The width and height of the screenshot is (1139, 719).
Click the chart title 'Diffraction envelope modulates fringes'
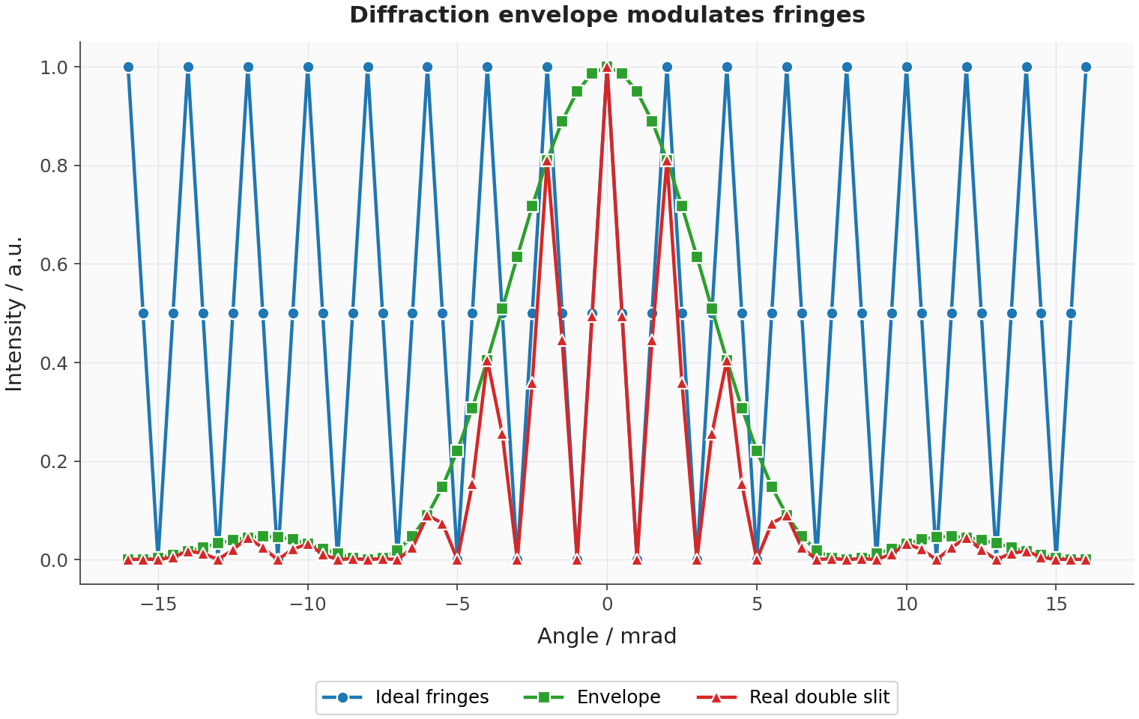(x=607, y=15)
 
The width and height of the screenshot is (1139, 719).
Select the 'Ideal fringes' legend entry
(x=405, y=697)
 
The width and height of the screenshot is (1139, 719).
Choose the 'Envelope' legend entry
(x=593, y=697)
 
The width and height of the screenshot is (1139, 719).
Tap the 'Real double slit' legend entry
(x=793, y=697)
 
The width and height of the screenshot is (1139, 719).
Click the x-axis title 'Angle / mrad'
(x=607, y=636)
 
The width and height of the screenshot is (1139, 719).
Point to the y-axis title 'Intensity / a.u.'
(x=14, y=314)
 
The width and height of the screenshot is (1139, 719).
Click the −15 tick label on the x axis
(x=158, y=604)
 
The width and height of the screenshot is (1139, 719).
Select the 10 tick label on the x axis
(x=907, y=604)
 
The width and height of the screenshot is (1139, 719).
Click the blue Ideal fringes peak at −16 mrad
(x=128, y=67)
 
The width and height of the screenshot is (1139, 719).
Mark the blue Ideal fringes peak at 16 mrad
(x=1086, y=67)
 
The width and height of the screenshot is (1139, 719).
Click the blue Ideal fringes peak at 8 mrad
(x=847, y=67)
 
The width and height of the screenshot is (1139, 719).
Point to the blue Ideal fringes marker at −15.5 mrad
(x=143, y=314)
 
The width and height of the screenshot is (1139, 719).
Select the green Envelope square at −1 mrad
(x=577, y=91)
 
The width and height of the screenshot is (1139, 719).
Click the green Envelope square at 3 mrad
(x=697, y=257)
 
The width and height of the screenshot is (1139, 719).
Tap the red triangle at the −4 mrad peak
(x=487, y=361)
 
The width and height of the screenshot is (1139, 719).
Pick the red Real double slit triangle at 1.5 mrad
(x=652, y=341)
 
